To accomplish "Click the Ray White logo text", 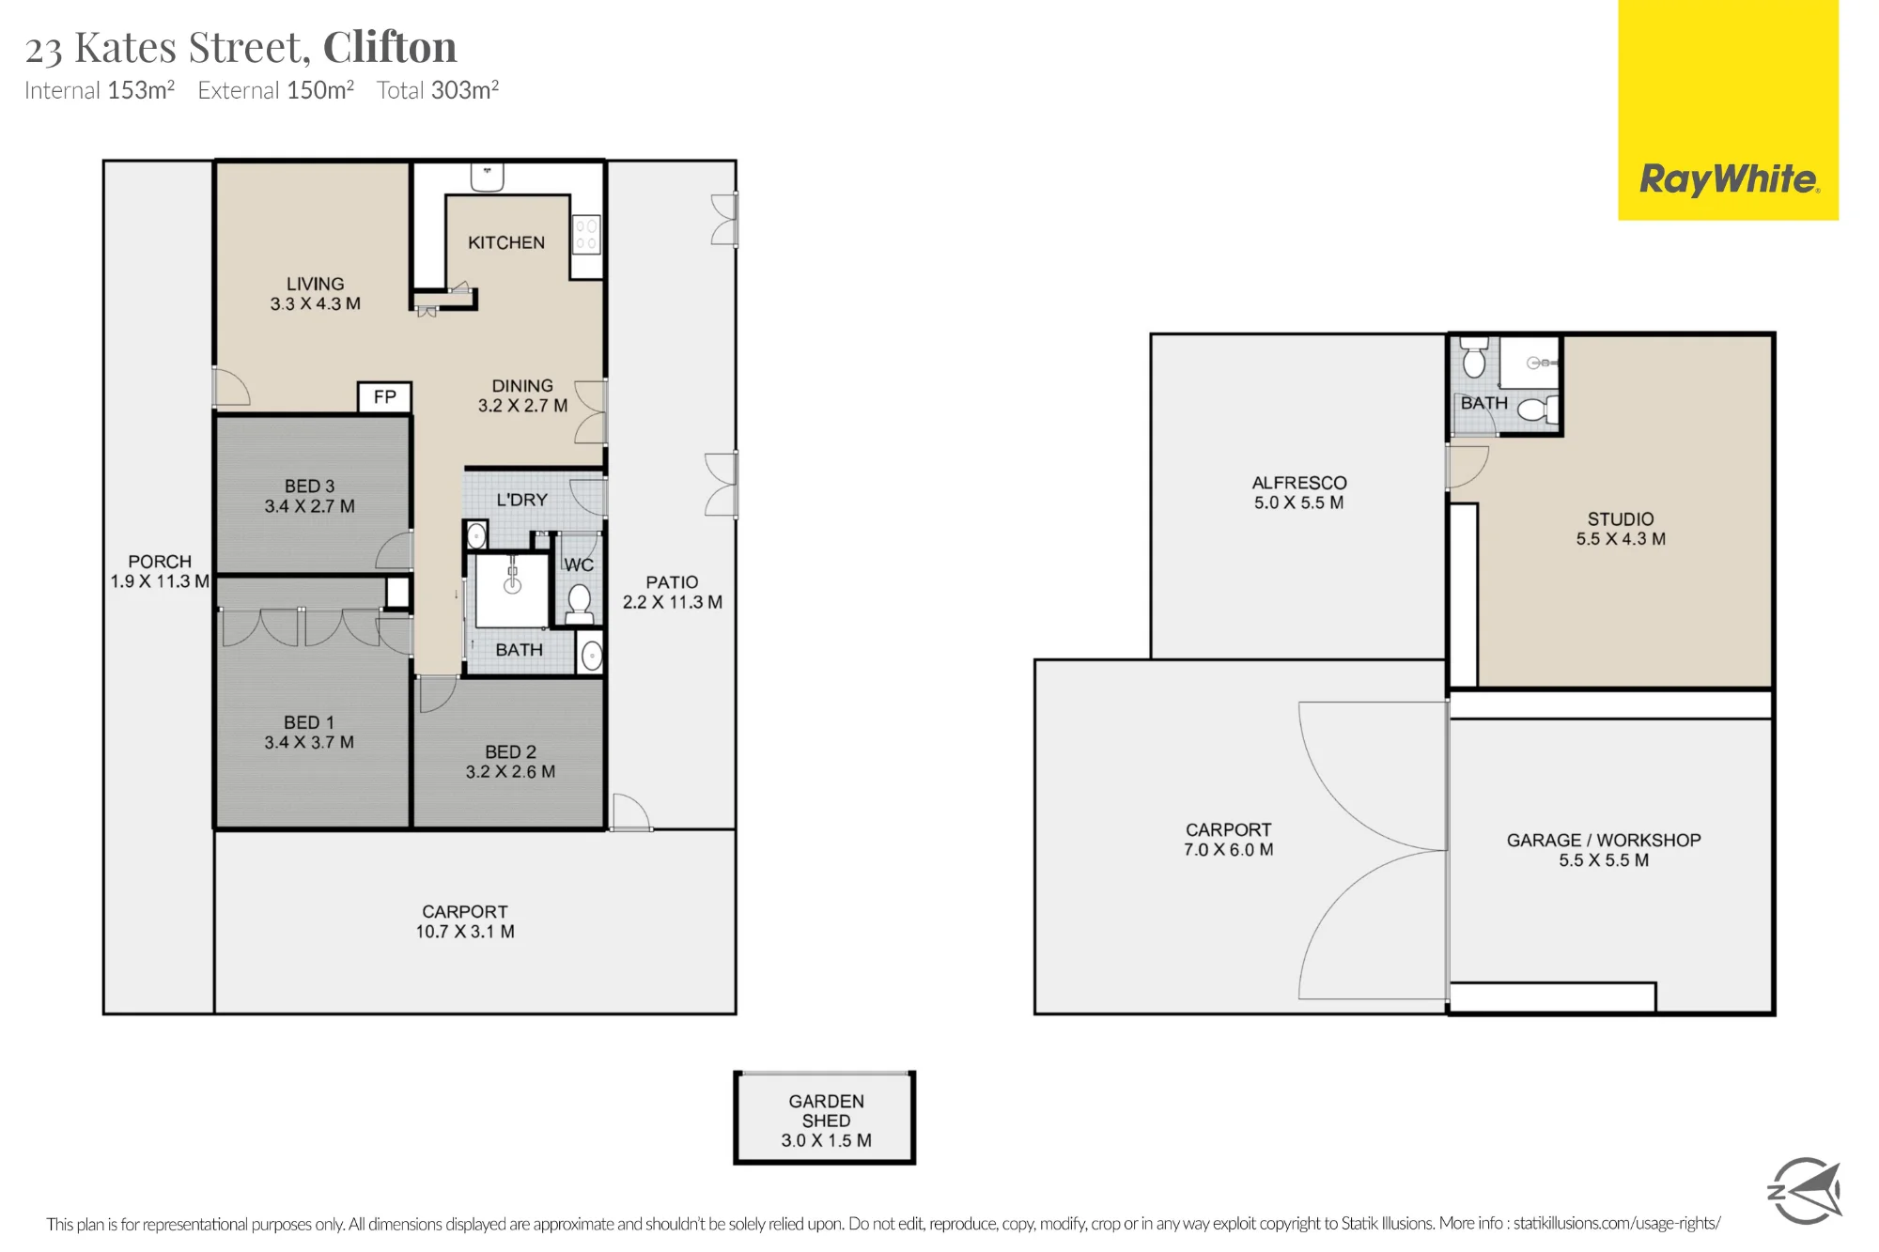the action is [x=1729, y=178].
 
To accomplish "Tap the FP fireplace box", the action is [x=385, y=396].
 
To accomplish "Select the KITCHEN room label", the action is [x=506, y=242].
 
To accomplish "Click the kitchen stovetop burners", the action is [x=586, y=235].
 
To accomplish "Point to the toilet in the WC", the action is [x=579, y=604].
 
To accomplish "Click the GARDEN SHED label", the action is [x=826, y=1111].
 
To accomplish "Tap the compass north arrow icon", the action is [x=1805, y=1191].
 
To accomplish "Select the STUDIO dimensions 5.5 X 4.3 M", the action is [x=1621, y=539].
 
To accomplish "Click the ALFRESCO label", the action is [x=1299, y=483].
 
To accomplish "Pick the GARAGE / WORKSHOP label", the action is [x=1604, y=840].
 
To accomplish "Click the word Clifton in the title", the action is [x=390, y=47].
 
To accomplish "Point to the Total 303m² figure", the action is [x=438, y=90].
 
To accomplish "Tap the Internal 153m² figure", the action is [x=100, y=90].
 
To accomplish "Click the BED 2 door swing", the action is [x=437, y=693].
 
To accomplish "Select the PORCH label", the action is [x=160, y=562].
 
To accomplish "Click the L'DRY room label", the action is [x=521, y=500].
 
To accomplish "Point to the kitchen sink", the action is [x=488, y=177].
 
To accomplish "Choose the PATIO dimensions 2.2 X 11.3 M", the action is [x=673, y=602].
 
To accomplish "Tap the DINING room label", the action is [x=522, y=386].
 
